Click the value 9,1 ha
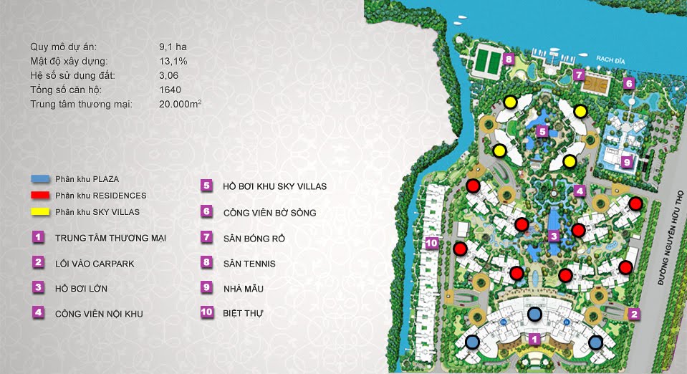coord(173,47)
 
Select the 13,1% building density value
coord(173,62)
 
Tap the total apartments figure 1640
coord(170,90)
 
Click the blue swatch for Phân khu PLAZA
coord(39,178)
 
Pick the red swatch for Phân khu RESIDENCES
coord(39,195)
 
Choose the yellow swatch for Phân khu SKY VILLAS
coord(39,211)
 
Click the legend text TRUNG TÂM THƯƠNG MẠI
coord(110,238)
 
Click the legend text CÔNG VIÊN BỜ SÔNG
coord(269,212)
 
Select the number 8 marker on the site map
coord(508,59)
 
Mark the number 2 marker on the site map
coord(633,313)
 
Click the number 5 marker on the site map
coord(543,131)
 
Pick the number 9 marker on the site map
coord(626,162)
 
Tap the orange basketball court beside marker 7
coord(597,81)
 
